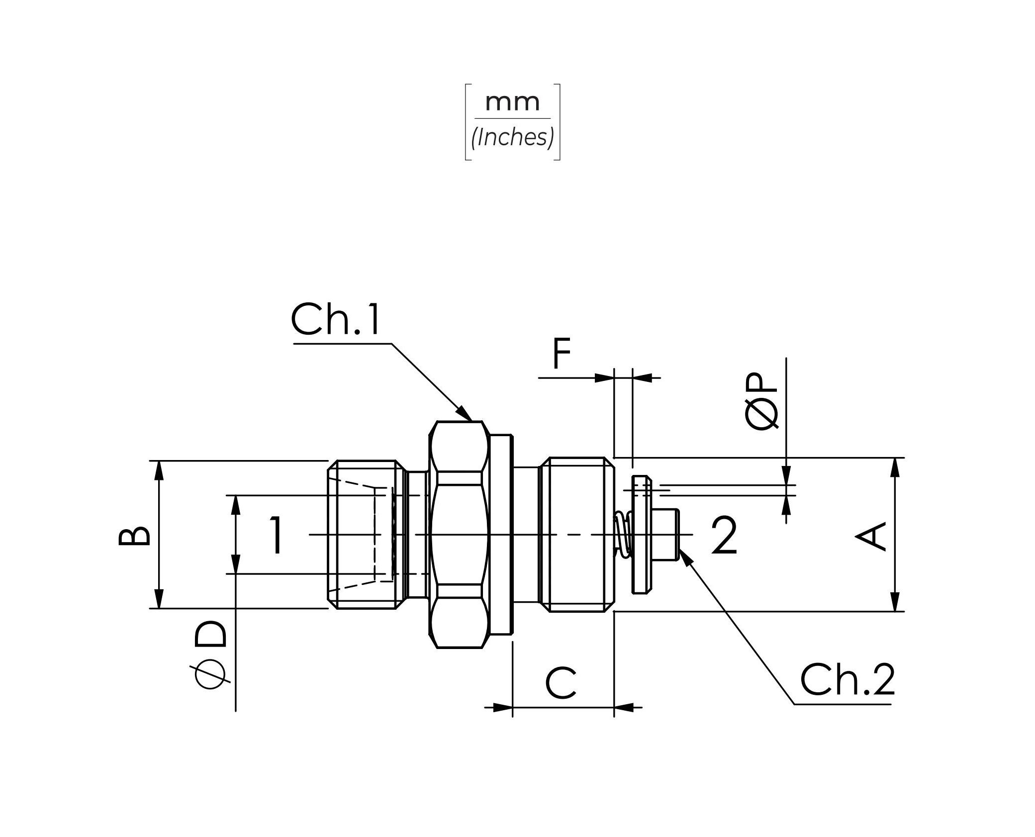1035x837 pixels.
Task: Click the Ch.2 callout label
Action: click(847, 679)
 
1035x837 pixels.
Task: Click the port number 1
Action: click(277, 535)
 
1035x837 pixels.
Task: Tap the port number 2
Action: click(724, 535)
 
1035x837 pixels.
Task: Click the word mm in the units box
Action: click(512, 102)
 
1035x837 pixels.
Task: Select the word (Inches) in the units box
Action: click(513, 137)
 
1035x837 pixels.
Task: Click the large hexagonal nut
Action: click(459, 535)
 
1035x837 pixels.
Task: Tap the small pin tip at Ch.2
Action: click(666, 535)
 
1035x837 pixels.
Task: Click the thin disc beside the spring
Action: click(642, 535)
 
